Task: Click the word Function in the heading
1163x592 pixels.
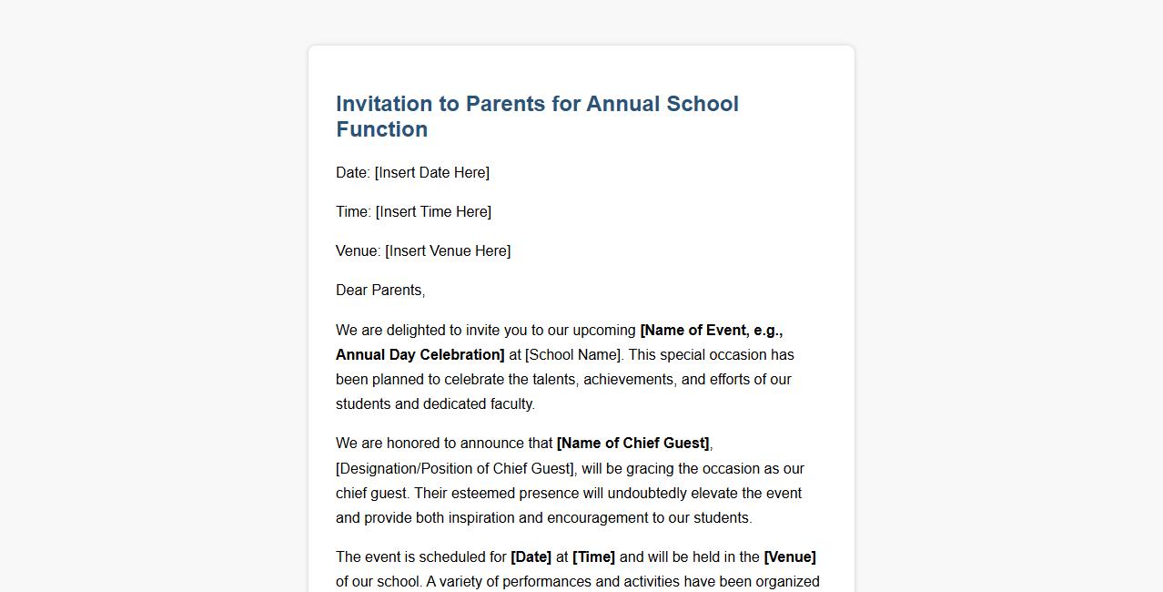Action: click(381, 129)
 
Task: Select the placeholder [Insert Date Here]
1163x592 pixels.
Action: click(431, 173)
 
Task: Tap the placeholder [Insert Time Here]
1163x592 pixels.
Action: click(433, 212)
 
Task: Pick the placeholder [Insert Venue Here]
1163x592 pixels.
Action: click(448, 251)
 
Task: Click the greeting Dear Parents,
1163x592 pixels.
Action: click(380, 291)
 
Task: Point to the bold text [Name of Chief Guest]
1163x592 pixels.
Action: click(632, 444)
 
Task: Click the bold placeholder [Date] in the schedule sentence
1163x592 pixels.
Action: click(531, 557)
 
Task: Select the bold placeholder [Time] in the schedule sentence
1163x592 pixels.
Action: click(593, 557)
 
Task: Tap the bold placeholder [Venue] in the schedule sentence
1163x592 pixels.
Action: click(789, 557)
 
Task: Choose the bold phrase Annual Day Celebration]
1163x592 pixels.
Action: click(420, 355)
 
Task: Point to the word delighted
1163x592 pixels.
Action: click(417, 331)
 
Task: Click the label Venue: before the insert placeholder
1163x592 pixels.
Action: click(358, 251)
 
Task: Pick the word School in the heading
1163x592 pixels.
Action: click(703, 104)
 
